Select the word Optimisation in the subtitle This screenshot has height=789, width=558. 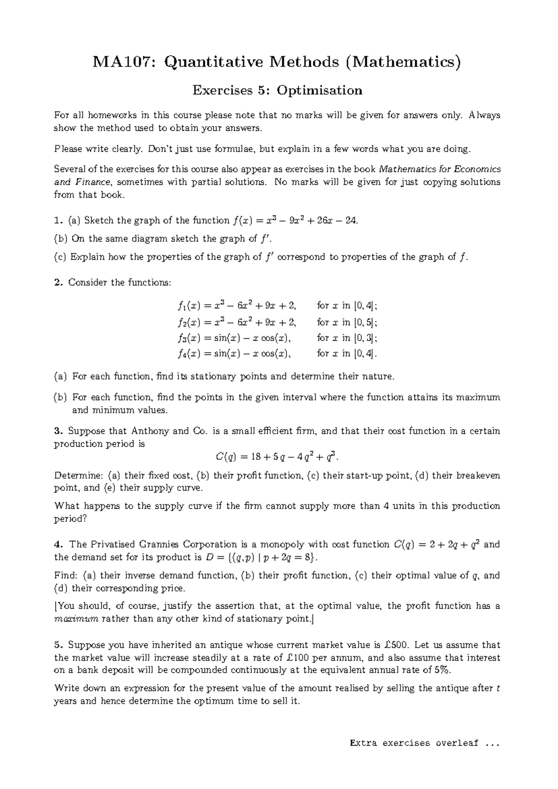coord(319,90)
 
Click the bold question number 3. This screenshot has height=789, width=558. coord(57,431)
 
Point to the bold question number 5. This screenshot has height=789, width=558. coord(57,645)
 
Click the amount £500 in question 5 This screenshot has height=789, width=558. coord(396,645)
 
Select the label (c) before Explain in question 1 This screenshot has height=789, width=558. coord(60,257)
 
